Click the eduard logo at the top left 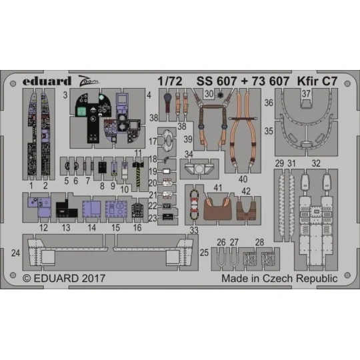[41, 81]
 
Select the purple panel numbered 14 [91, 208]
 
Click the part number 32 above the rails [317, 163]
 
